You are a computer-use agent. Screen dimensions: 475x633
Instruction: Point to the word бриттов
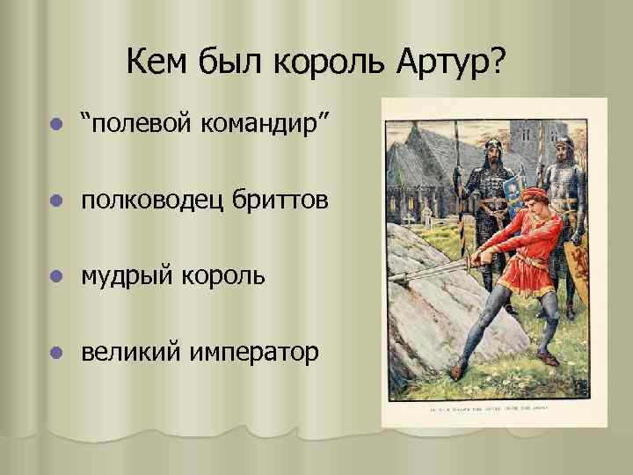(x=280, y=201)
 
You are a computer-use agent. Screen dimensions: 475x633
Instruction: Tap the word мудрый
(x=128, y=276)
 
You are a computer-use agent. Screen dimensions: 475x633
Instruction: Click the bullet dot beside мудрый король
(x=56, y=277)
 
